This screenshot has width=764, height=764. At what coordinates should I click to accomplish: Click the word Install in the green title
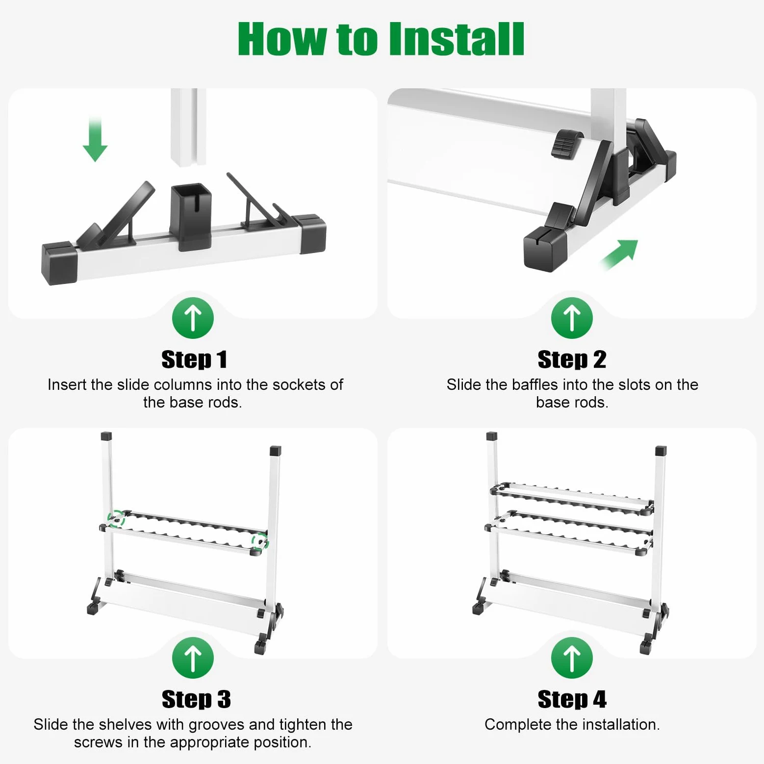pos(457,39)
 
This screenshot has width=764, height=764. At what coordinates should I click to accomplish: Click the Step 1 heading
pos(194,359)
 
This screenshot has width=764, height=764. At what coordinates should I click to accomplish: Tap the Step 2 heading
pos(572,359)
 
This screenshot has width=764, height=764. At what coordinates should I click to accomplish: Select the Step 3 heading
pos(196,699)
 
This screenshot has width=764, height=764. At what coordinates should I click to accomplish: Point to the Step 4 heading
pos(572,699)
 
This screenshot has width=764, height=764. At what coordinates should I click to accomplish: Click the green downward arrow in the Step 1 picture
pos(95,139)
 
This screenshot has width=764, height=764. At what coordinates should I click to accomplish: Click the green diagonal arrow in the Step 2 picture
pos(619,254)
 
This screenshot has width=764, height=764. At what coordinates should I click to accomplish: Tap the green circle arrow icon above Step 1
pos(193,318)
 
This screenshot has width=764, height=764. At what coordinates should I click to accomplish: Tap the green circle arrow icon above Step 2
pos(572,318)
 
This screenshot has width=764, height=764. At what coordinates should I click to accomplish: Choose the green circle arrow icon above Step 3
pos(193,658)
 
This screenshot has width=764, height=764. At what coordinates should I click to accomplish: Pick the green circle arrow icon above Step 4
pos(572,658)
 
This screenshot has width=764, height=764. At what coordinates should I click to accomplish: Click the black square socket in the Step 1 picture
pos(191,216)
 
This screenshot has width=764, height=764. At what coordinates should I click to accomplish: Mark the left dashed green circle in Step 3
pos(116,519)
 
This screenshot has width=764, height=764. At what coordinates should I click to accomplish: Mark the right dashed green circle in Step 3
pos(260,541)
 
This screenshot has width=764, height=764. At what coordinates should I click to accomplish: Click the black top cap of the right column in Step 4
pos(661,451)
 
